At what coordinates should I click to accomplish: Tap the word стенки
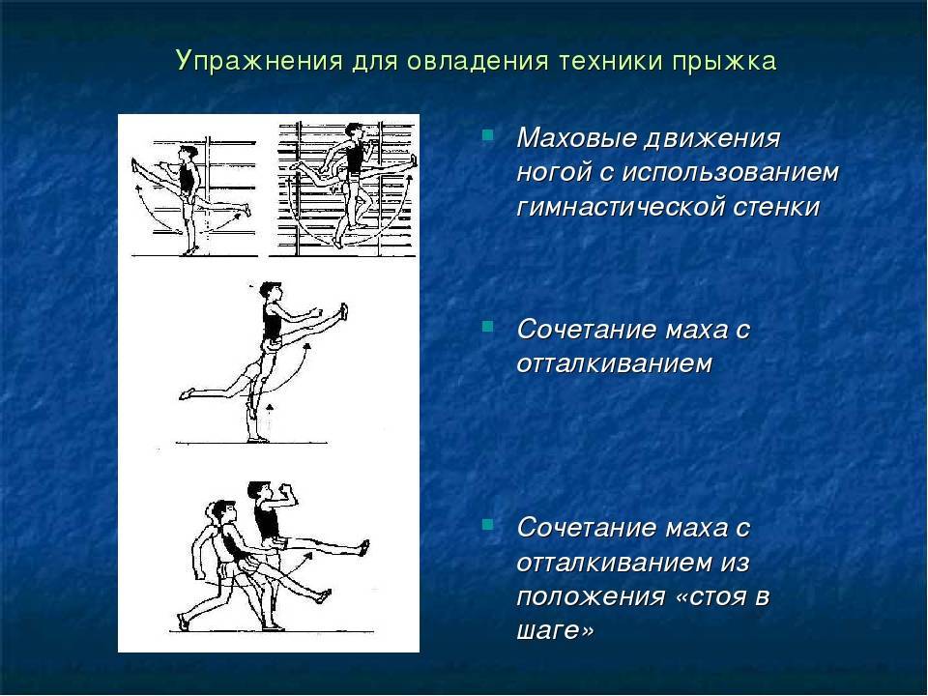point(776,207)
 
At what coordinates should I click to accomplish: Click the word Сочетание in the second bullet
point(586,330)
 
